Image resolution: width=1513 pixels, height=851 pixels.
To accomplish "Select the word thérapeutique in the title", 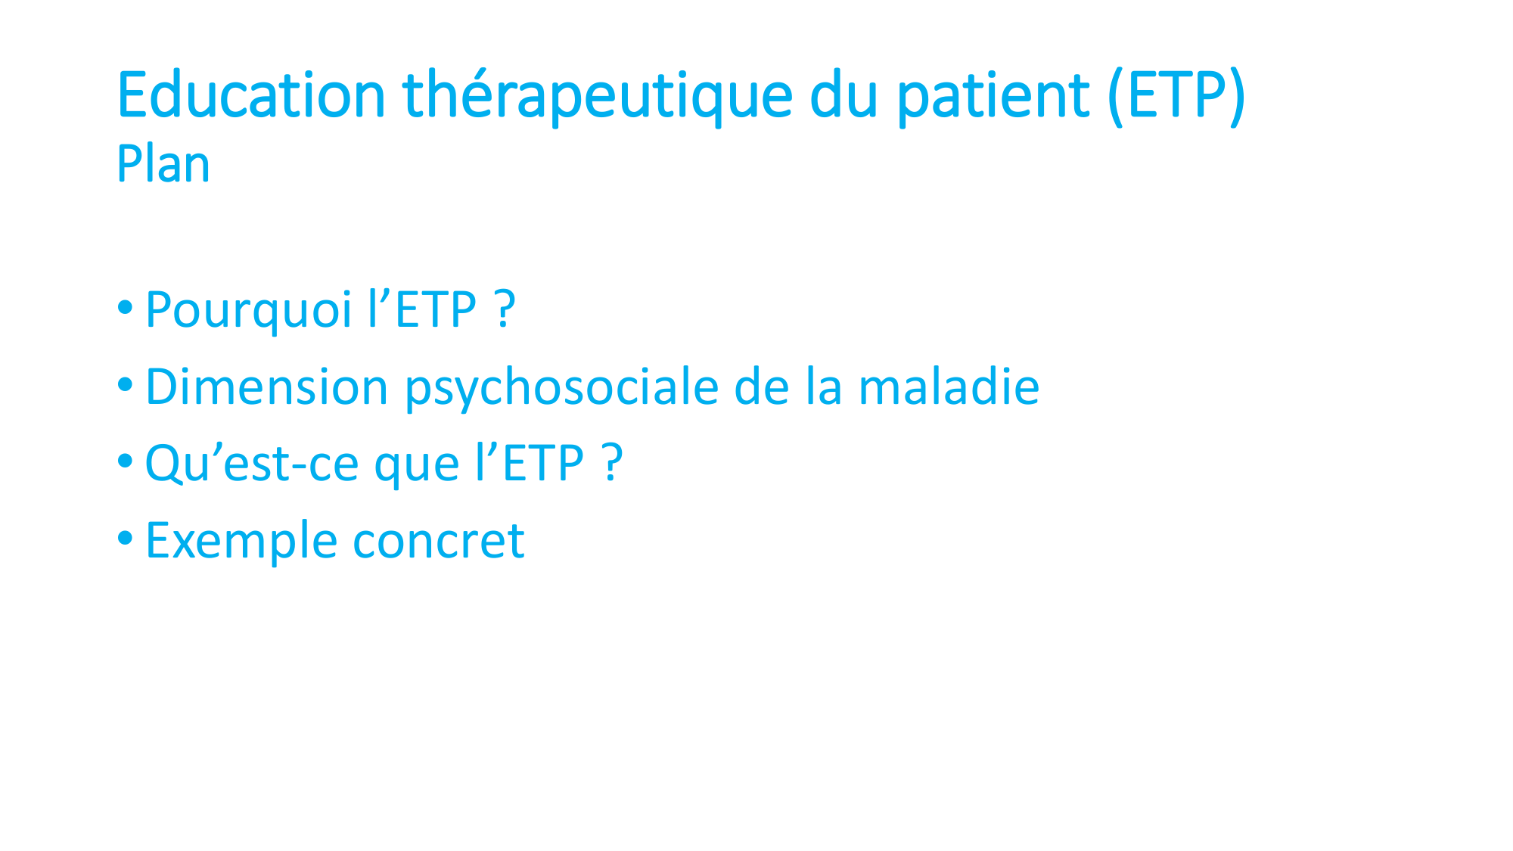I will point(598,97).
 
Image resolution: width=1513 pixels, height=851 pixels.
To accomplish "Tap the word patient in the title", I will point(993,97).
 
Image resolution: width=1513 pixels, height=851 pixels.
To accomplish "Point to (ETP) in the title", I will point(1176,97).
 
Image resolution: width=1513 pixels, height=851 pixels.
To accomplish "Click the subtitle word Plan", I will point(163,164).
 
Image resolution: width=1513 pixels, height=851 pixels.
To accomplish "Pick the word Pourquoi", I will point(248,311).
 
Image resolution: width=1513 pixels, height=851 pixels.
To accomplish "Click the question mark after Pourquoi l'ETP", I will point(506,309).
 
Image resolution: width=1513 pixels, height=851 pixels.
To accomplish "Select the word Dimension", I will point(266,387).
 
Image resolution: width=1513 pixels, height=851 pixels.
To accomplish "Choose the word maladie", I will point(949,387).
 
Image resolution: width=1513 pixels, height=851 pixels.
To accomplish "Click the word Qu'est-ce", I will point(251,464).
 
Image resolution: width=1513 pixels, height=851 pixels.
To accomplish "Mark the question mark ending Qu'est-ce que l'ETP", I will point(613,463).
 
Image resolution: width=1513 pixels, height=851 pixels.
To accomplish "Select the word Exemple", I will point(241,542).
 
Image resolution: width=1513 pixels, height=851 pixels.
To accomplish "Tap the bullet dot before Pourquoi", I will point(126,308).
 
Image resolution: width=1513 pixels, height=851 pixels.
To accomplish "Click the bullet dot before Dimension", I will point(126,385).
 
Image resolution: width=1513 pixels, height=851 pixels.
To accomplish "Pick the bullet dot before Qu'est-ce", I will point(126,461).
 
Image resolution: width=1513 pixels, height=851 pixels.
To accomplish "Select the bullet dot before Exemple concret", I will point(126,539).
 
